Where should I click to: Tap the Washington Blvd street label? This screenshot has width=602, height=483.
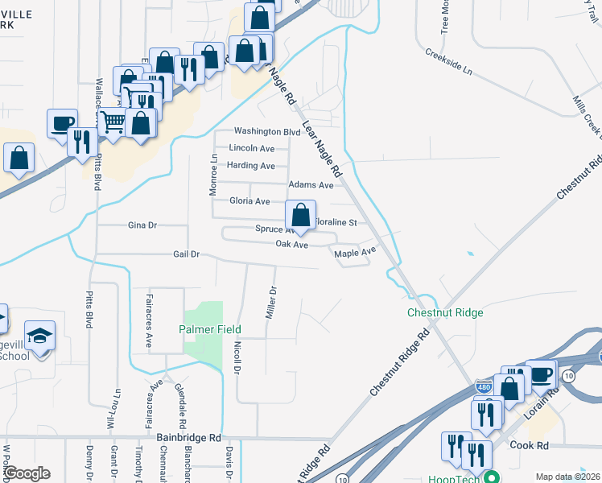click(x=266, y=131)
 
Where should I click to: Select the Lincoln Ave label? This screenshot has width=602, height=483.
click(x=252, y=148)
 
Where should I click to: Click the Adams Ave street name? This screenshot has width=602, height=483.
click(x=311, y=185)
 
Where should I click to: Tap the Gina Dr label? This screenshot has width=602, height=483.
click(x=141, y=226)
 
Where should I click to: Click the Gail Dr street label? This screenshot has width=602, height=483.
click(x=185, y=254)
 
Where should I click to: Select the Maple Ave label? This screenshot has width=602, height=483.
click(x=355, y=253)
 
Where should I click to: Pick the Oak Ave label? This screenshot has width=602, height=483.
click(x=292, y=244)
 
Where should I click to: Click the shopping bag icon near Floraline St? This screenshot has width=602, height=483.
click(x=300, y=216)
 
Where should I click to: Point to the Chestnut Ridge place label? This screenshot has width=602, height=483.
click(x=445, y=312)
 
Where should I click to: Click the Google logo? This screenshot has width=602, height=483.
click(x=27, y=473)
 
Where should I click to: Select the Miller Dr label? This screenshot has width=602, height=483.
click(x=272, y=303)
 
